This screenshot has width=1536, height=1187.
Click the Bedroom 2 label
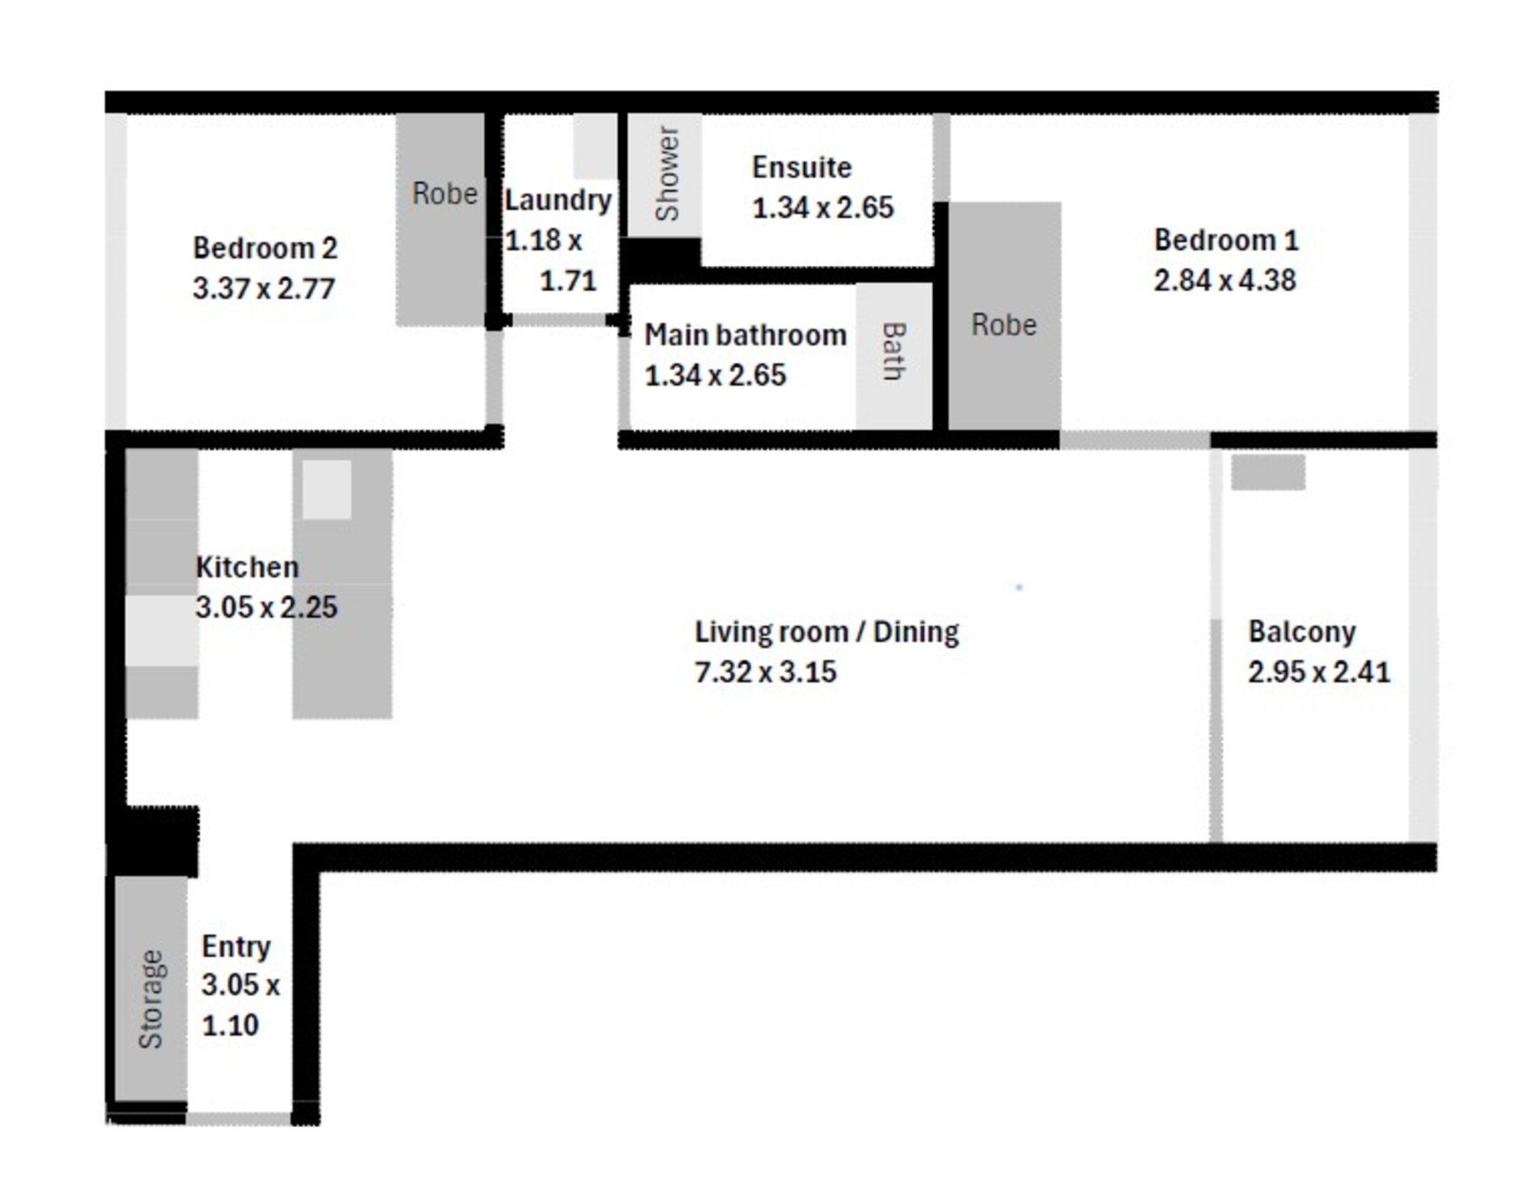click(x=265, y=248)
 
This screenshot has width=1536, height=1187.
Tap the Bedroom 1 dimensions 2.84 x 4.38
click(x=1225, y=280)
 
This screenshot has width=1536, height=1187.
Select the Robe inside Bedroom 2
click(x=440, y=220)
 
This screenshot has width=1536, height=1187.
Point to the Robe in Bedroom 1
click(x=1005, y=316)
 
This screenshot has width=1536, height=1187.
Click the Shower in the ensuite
click(x=664, y=175)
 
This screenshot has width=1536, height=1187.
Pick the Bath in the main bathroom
click(x=894, y=356)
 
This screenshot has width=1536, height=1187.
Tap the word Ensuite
click(x=802, y=167)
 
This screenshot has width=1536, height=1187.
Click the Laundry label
click(x=558, y=200)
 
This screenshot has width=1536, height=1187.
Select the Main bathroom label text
click(x=745, y=335)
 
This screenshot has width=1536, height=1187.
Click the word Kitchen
click(x=247, y=567)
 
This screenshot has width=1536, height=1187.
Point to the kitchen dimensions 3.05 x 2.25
click(x=266, y=607)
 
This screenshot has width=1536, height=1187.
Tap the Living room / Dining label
click(x=827, y=632)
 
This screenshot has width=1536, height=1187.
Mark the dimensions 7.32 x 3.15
click(x=766, y=671)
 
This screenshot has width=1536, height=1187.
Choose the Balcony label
click(x=1302, y=632)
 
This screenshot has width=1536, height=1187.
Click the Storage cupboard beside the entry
click(x=151, y=989)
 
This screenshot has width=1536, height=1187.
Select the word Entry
click(x=236, y=947)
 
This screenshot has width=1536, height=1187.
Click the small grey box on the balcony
click(x=1268, y=472)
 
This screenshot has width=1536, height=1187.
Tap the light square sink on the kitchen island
click(x=326, y=489)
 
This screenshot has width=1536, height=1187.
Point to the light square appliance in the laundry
click(x=595, y=146)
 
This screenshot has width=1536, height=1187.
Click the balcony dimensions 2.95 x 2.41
click(x=1319, y=671)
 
